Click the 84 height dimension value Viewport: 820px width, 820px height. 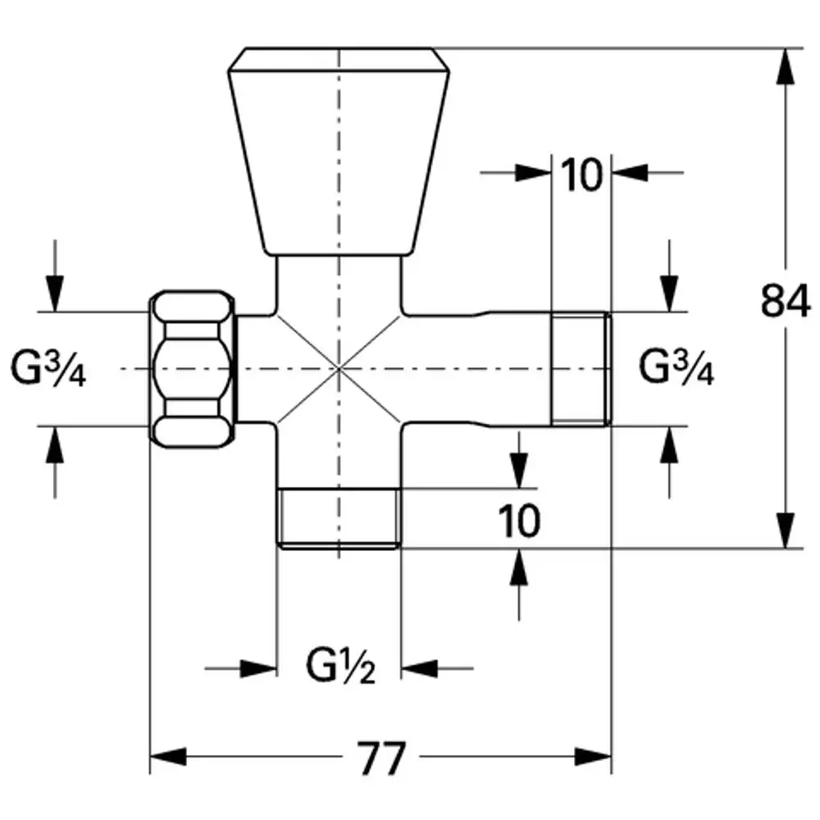click(786, 301)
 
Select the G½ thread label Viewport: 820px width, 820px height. click(340, 666)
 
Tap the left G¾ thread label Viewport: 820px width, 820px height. click(48, 369)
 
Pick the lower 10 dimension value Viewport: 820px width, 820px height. click(519, 521)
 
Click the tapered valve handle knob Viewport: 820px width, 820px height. click(339, 151)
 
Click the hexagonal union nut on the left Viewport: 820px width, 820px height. click(193, 369)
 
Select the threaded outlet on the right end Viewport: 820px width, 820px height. click(581, 369)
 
